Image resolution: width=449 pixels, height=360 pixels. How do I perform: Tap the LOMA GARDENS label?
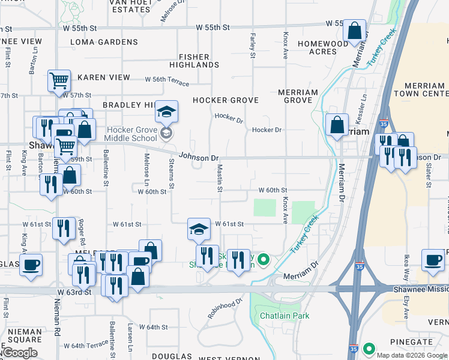pyautogui.click(x=104, y=42)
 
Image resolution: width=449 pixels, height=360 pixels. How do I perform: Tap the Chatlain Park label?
pyautogui.click(x=285, y=316)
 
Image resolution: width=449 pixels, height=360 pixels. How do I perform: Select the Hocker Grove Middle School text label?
pyautogui.click(x=132, y=134)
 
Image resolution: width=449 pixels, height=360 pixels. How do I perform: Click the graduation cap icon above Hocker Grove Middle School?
pyautogui.click(x=167, y=112)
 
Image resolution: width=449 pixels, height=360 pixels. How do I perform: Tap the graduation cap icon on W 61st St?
pyautogui.click(x=199, y=229)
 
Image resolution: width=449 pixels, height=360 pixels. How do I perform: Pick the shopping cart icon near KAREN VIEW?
pyautogui.click(x=59, y=80)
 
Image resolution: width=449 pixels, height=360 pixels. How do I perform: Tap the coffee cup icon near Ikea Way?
pyautogui.click(x=432, y=260)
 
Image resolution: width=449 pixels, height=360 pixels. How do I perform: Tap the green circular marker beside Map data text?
pyautogui.click(x=368, y=349)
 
